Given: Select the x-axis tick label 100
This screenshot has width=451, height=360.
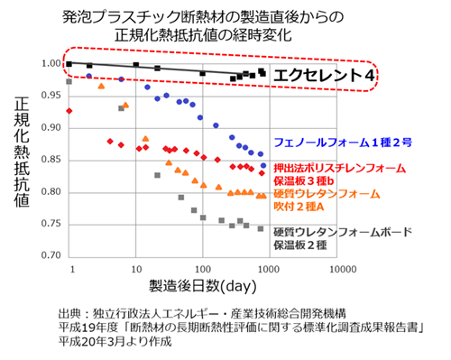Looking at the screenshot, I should pos(203,269).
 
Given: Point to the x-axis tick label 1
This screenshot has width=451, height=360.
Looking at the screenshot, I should pos(69,269).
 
